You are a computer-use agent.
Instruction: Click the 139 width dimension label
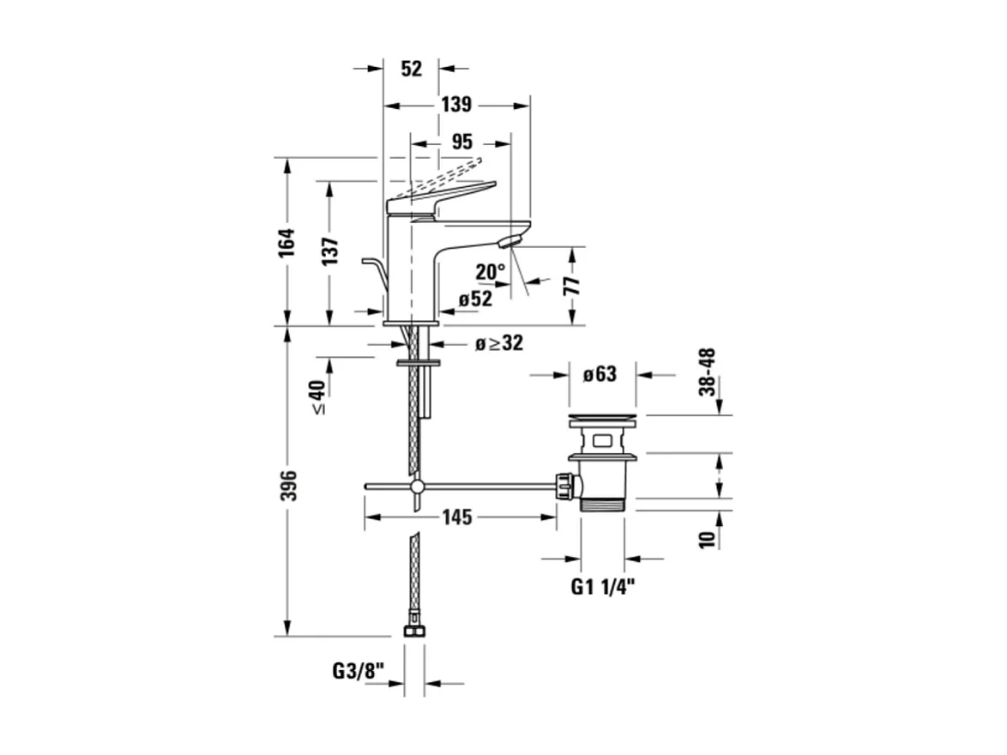[456, 105]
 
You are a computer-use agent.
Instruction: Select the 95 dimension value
[461, 142]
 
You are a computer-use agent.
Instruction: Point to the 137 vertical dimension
[331, 251]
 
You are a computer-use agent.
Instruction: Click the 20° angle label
[491, 272]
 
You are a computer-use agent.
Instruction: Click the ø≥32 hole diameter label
[499, 343]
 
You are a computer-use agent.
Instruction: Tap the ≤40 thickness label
[318, 397]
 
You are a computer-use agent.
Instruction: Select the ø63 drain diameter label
[600, 375]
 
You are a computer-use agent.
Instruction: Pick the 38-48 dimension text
[708, 371]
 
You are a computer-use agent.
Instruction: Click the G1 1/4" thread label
[603, 588]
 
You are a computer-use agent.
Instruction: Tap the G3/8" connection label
[357, 670]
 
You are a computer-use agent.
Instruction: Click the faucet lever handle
[441, 196]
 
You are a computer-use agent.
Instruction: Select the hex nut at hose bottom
[414, 631]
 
